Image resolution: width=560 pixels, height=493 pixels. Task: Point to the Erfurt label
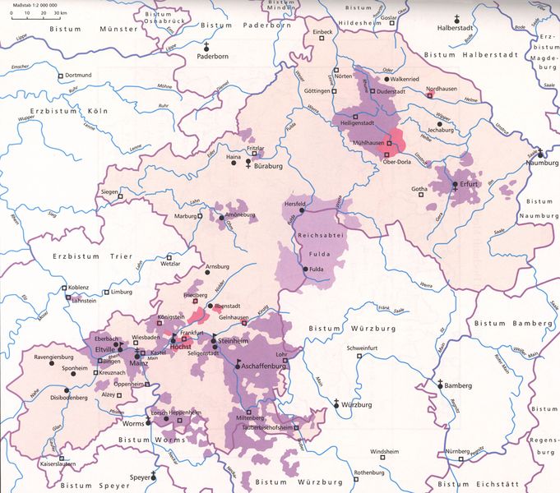(x=470, y=184)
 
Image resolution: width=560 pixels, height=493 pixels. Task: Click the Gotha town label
(x=419, y=190)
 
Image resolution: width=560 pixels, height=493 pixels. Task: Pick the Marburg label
(x=184, y=216)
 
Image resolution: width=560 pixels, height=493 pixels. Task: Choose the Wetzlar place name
(x=170, y=265)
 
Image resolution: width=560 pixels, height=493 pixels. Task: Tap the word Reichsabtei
(x=316, y=235)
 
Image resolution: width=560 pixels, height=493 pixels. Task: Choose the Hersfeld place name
(x=294, y=203)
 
